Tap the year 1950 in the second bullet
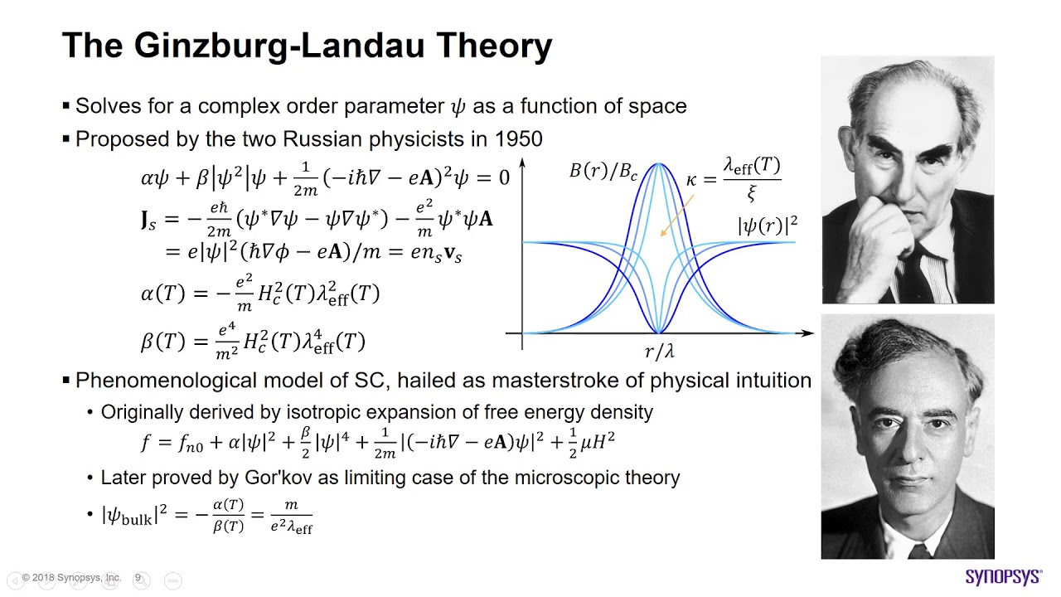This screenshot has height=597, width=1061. click(x=519, y=138)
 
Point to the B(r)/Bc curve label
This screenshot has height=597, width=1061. click(x=603, y=172)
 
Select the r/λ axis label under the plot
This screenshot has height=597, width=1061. click(x=660, y=352)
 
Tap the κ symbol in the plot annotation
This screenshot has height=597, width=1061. click(x=691, y=180)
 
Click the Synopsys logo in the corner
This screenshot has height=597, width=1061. click(x=1003, y=577)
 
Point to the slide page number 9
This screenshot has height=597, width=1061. click(x=138, y=577)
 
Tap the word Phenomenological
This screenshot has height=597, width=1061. click(x=164, y=381)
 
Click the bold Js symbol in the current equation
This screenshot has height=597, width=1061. click(x=148, y=220)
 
